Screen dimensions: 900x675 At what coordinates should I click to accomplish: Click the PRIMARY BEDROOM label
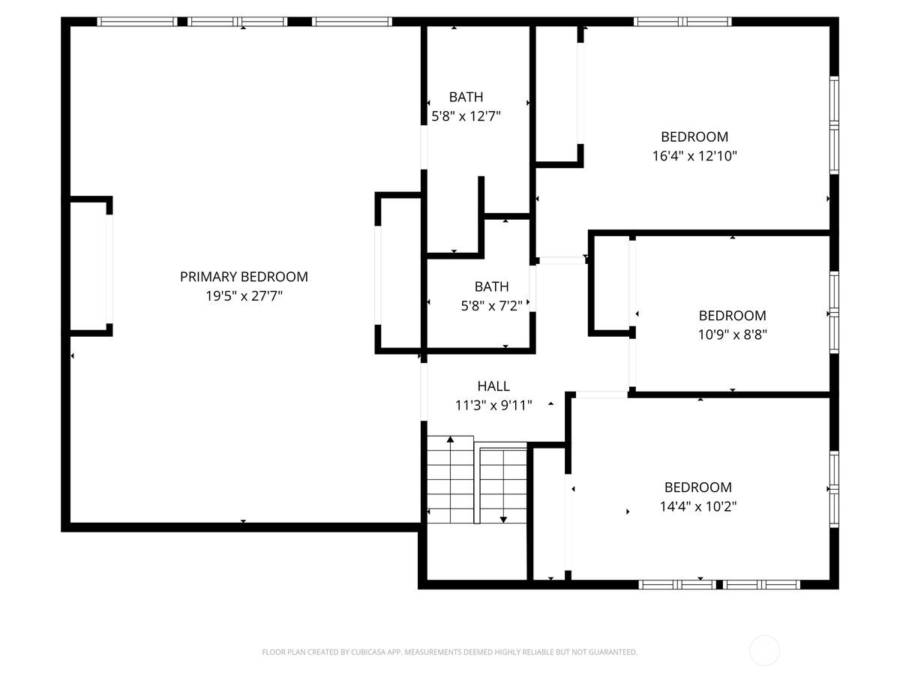[244, 277]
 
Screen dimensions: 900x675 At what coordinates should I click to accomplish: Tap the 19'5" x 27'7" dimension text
[244, 296]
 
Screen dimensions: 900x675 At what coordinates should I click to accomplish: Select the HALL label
[493, 386]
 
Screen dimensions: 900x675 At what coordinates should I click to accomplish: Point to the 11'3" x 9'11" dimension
[493, 405]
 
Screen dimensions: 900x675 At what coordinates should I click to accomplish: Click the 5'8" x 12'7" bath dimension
[466, 116]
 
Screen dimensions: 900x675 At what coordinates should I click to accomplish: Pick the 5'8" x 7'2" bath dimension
[491, 306]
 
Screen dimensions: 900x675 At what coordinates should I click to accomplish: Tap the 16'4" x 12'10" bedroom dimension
[694, 156]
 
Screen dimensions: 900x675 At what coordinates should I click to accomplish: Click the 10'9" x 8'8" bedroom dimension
[732, 334]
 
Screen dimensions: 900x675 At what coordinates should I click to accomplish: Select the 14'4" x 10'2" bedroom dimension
[697, 506]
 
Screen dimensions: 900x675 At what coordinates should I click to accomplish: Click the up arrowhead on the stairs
[450, 439]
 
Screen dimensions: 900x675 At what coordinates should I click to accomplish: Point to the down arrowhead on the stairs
[503, 520]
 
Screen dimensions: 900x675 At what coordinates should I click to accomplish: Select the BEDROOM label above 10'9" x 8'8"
[732, 316]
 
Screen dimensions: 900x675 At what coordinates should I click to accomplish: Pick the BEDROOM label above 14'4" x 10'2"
[697, 487]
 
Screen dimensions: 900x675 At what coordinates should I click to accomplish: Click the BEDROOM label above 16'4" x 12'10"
[694, 137]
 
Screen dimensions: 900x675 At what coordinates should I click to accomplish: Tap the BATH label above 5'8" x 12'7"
[466, 97]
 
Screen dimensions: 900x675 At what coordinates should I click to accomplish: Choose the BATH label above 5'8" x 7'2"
[491, 286]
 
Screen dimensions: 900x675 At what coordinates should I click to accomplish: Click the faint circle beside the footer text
[764, 651]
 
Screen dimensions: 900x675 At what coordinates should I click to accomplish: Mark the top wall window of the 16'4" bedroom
[682, 22]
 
